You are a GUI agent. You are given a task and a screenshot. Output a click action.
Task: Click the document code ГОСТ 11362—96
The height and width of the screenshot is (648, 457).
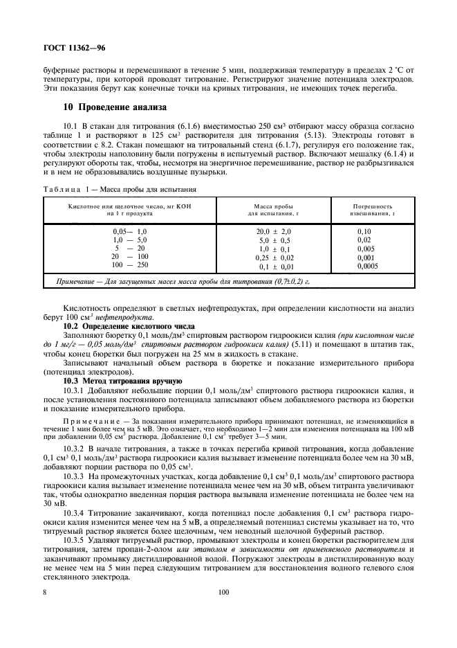coord(75,48)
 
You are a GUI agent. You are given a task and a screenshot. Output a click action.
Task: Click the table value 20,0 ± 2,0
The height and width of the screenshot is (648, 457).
coord(274,231)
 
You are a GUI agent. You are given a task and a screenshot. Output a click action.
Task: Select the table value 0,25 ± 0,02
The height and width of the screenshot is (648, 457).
coord(274,256)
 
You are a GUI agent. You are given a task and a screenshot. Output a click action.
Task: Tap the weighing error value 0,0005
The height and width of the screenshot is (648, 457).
coord(368,265)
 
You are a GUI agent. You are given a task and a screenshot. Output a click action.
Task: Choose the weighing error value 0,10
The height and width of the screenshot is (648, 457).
coord(364,231)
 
